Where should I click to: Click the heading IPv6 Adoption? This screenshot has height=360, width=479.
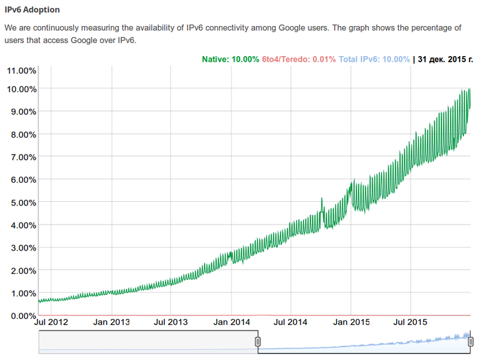tap(32, 10)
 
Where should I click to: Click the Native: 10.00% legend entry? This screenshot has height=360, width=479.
tap(230, 60)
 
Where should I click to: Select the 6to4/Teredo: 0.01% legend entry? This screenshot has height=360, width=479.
tap(299, 60)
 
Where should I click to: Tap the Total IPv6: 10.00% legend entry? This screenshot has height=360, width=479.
tap(374, 60)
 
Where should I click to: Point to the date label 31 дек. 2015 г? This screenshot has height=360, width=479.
tap(445, 60)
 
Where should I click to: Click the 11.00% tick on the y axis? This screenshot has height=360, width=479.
tap(21, 70)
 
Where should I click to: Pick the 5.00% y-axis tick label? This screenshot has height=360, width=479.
tap(21, 203)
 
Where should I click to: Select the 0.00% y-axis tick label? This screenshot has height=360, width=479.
tap(21, 316)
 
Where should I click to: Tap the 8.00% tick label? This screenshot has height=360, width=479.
tap(21, 134)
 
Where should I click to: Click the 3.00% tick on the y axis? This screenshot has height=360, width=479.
tap(21, 248)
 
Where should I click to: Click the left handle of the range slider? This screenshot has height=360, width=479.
tap(258, 342)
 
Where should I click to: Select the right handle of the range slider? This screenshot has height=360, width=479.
tap(470, 342)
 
